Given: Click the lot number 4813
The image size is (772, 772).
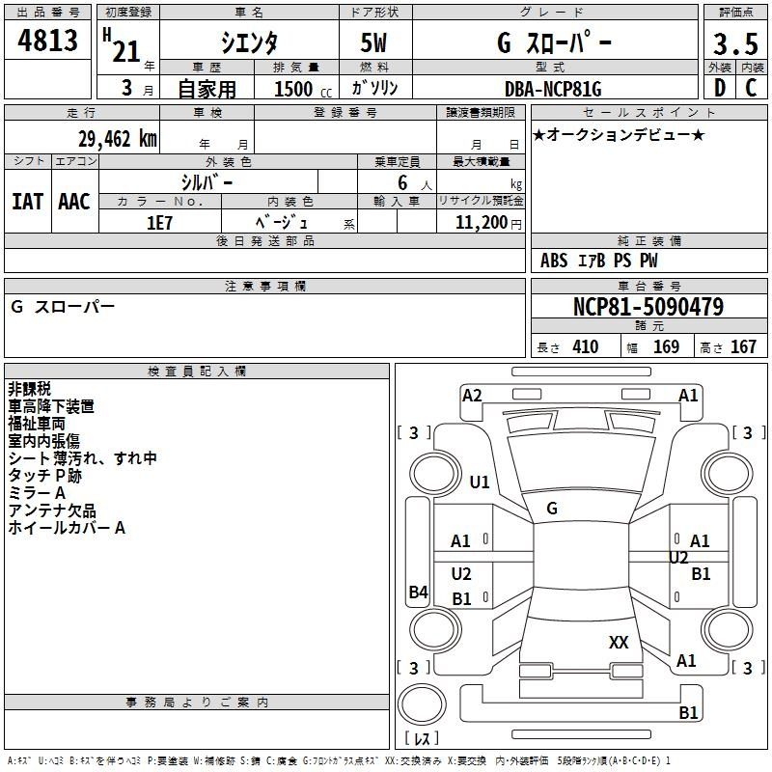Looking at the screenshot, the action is coord(47,40).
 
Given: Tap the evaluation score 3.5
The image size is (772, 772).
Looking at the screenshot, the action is coord(735,43).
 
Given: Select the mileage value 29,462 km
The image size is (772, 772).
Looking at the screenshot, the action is coord(117,139).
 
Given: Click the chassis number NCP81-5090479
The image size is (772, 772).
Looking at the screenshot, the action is coord(648,306).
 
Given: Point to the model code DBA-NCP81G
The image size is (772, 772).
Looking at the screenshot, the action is coord(553,89).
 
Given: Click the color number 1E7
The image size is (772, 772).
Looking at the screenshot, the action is coord(159,223).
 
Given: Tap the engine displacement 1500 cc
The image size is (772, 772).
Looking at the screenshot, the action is coord(303,89).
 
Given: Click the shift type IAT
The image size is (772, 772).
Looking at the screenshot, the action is coord(28,202).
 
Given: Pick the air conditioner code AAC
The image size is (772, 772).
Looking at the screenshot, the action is coord(74,202).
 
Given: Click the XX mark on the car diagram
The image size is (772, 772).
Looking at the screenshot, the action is coord(619,642).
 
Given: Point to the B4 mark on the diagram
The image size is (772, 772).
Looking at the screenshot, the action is coord(419,592).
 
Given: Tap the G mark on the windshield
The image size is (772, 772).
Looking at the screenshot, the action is coord(552,509).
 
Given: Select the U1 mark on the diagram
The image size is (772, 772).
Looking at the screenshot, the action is coord(480,482).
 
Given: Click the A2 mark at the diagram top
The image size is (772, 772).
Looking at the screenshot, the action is coord(472,396).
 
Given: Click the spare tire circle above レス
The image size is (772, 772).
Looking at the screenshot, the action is coord(422,704).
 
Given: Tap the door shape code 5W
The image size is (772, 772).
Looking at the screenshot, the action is coord(373,42).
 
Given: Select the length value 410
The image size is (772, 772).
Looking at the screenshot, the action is coord(586,346).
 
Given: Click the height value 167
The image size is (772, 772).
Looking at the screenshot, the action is coord(743,346).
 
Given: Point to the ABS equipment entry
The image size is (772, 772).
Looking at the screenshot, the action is coord(554,261).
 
